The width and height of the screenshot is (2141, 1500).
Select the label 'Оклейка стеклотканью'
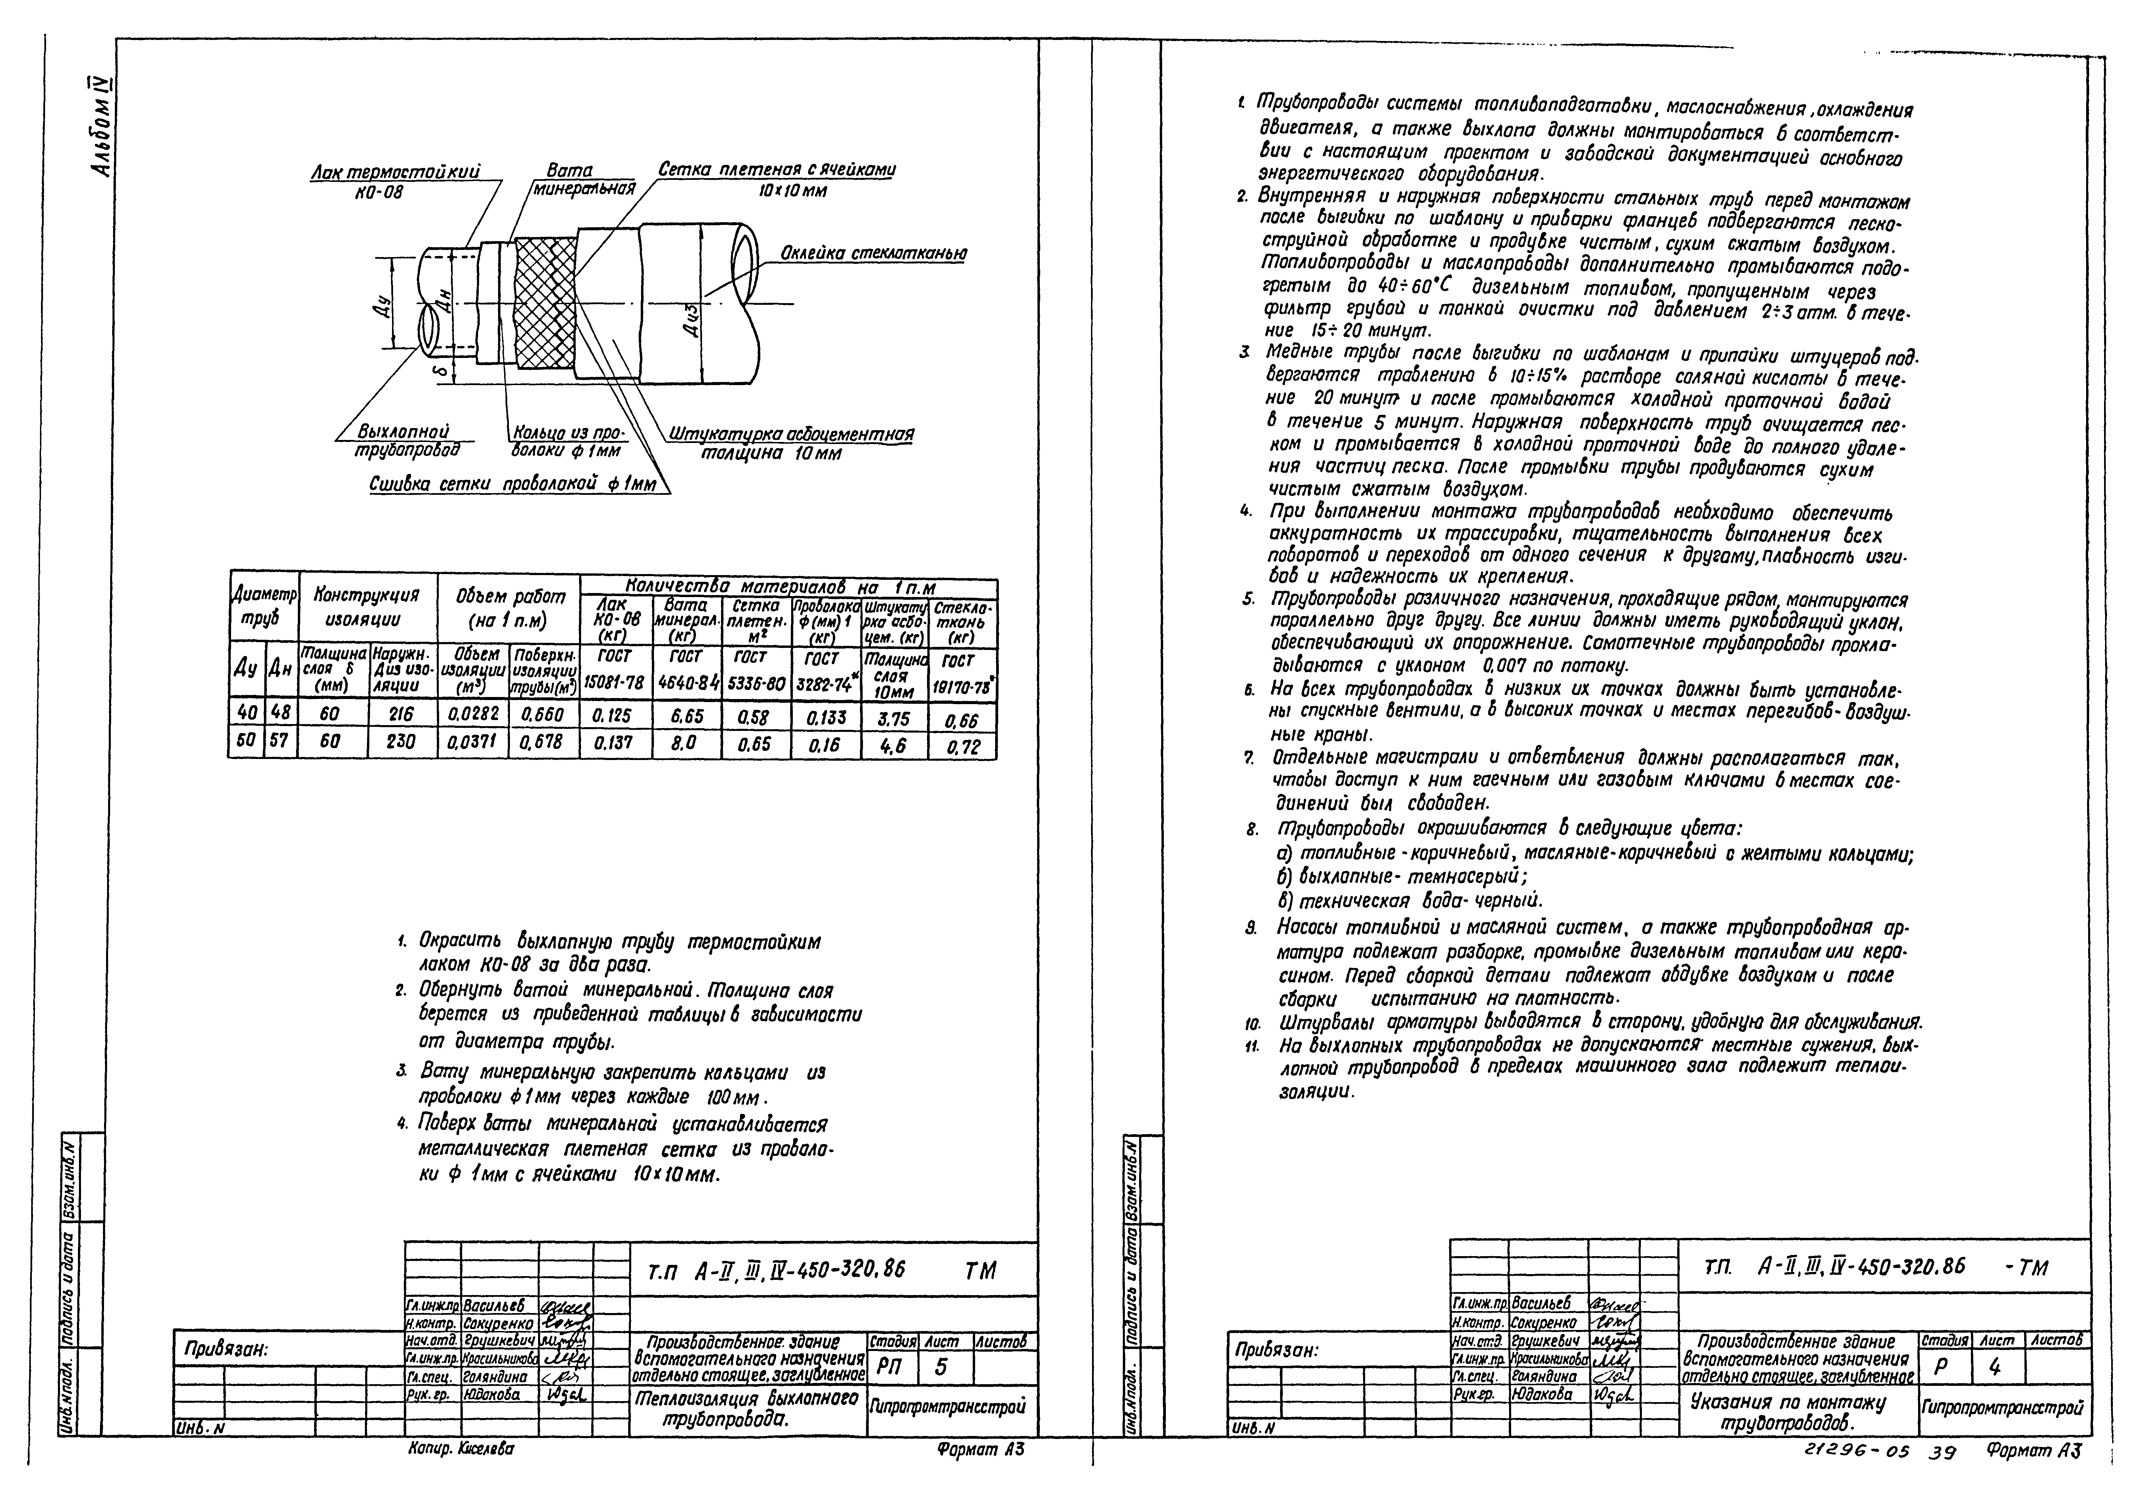click(873, 254)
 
